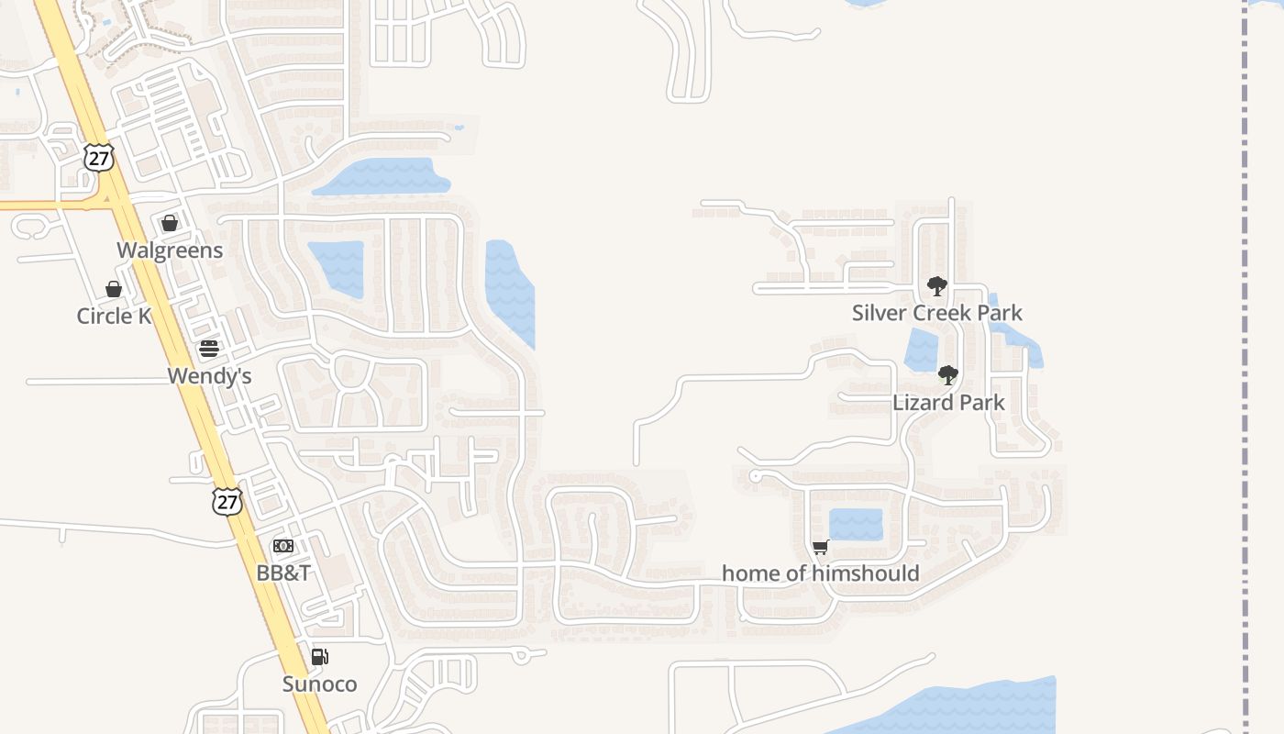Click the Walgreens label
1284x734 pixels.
[x=170, y=250]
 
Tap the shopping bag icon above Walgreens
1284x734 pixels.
[x=170, y=223]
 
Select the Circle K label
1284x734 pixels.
[x=114, y=317]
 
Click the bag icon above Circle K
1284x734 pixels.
[x=114, y=289]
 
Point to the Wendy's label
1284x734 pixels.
[x=209, y=376]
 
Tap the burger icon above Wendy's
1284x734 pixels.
[x=209, y=349]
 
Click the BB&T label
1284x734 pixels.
[x=283, y=573]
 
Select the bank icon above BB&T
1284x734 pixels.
[x=283, y=546]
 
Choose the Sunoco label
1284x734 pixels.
[x=319, y=684]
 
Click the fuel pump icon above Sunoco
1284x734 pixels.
[x=319, y=657]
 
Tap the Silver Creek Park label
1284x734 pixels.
[x=936, y=313]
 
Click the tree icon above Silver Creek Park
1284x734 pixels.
[x=936, y=286]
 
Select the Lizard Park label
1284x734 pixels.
[x=948, y=403]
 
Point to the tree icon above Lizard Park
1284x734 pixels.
[x=948, y=375]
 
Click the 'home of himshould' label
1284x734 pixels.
[x=820, y=574]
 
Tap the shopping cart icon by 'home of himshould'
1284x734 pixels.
[x=820, y=548]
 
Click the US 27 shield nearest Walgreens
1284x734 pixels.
[x=99, y=157]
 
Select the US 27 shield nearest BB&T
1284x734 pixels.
[x=227, y=501]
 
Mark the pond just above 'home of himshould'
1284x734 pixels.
[x=856, y=525]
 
